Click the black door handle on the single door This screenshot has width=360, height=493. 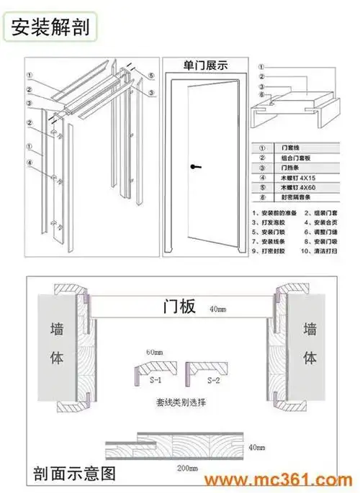[x=193, y=167]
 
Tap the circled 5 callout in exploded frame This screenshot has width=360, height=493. [x=152, y=75]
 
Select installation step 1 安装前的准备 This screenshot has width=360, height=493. [x=276, y=214]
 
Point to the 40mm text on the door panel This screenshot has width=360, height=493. [x=218, y=309]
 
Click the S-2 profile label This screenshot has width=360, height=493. [x=214, y=379]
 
